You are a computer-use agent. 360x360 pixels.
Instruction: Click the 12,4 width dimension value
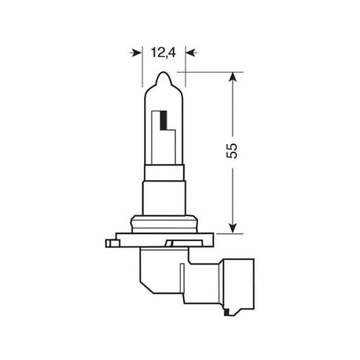coord(160,53)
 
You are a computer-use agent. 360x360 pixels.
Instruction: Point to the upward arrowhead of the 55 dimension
coord(232,78)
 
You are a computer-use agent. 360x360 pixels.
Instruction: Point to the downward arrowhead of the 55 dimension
coord(232,227)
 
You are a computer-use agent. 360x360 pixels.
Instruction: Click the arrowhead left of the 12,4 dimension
coord(135,53)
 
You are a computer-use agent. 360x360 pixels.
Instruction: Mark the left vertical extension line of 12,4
coord(142,70)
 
